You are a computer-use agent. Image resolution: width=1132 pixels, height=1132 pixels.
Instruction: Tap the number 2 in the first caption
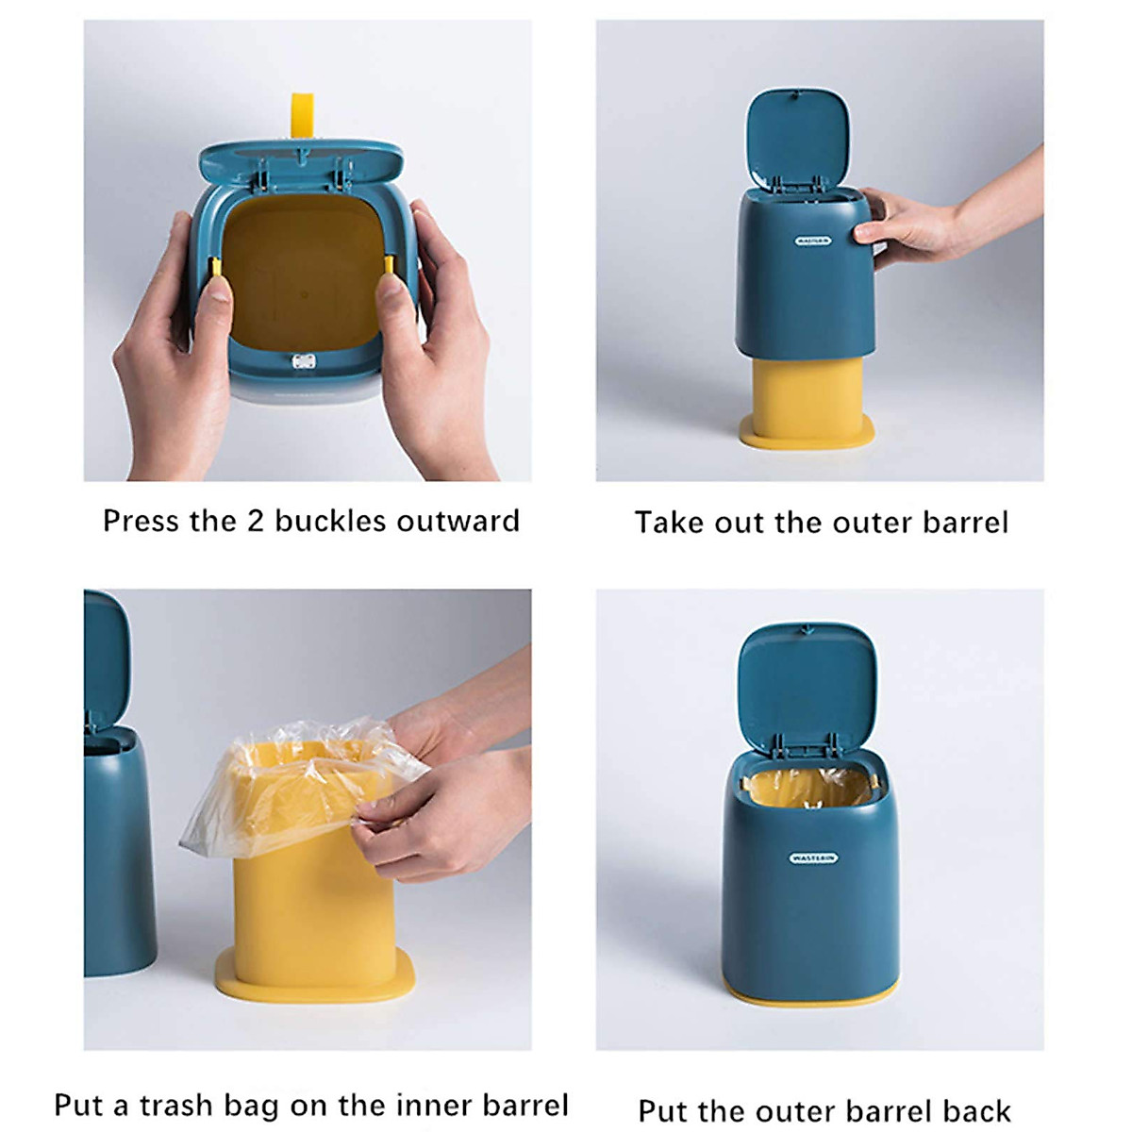click(255, 521)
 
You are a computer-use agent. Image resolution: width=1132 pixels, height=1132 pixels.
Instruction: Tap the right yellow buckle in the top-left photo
click(388, 268)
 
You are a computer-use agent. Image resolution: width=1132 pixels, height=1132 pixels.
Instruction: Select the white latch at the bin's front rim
click(303, 361)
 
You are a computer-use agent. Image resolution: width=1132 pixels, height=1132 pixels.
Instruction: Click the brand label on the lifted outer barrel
click(813, 241)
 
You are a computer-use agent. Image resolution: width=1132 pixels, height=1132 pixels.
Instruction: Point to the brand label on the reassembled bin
click(813, 858)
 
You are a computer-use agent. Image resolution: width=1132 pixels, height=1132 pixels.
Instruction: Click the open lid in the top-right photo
click(797, 137)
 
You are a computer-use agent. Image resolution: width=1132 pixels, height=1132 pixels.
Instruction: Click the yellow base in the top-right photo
click(807, 435)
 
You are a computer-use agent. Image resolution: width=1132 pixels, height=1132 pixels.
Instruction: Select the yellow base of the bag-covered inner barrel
click(315, 977)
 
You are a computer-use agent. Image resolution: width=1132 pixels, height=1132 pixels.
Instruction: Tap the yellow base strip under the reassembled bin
click(811, 993)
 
